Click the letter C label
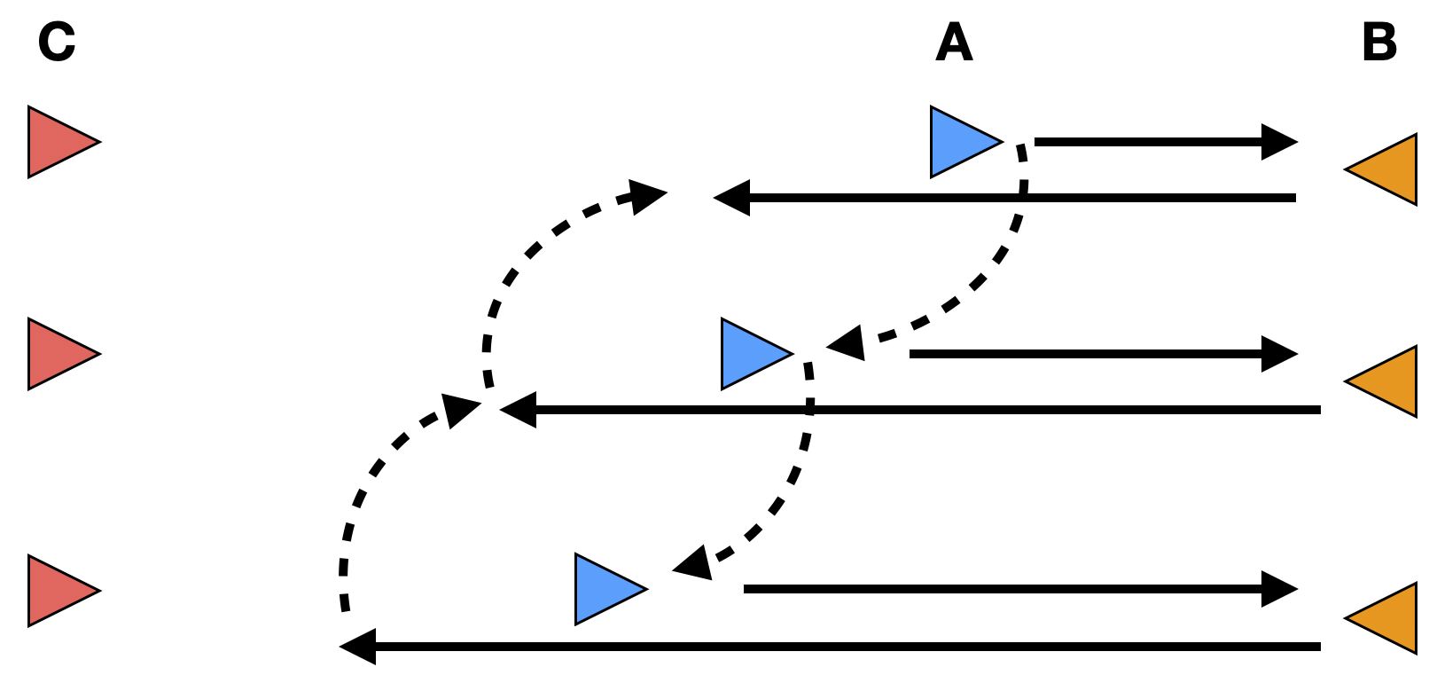[57, 42]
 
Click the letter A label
[954, 42]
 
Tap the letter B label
[1379, 42]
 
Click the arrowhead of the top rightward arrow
[1279, 142]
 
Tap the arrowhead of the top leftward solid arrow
[732, 198]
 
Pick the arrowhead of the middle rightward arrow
[1279, 354]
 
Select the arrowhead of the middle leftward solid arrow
[519, 410]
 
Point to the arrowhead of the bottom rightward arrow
[1279, 589]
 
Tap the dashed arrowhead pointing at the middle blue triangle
[847, 343]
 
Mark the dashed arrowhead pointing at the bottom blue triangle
[695, 563]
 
